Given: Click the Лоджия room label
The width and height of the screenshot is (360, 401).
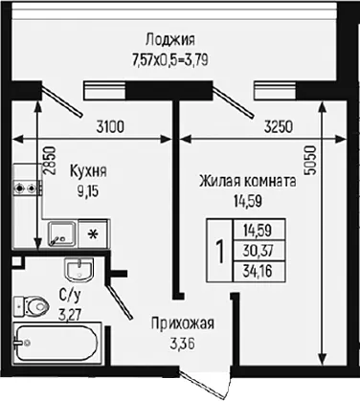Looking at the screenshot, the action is (x=170, y=40).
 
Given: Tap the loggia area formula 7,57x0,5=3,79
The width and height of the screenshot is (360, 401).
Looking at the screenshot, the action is (x=170, y=59).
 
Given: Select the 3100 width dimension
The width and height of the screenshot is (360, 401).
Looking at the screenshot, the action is (x=110, y=127).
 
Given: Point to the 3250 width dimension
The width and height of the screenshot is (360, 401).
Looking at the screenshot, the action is (x=279, y=127).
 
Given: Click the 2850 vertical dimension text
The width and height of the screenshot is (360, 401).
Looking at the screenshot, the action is (x=50, y=161).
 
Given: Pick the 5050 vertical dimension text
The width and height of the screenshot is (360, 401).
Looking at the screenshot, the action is (x=310, y=160).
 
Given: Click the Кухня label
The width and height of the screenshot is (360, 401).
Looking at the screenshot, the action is (x=88, y=171).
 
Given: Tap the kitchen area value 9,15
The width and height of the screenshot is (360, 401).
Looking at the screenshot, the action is (x=88, y=191).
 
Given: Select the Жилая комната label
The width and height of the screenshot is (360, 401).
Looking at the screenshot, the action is (x=248, y=182).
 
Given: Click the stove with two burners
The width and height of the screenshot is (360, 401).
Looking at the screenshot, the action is (x=28, y=188).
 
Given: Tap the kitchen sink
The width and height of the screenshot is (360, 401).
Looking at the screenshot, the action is (x=62, y=234).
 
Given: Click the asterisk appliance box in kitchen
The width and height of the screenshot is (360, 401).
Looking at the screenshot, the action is (x=93, y=234).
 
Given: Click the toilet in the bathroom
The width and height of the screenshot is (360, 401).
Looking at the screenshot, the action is (x=32, y=307).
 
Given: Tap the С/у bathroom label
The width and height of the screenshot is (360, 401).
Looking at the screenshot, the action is (x=70, y=296).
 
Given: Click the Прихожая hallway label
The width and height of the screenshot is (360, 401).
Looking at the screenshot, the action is (x=183, y=324).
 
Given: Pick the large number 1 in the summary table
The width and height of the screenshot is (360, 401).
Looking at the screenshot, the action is (x=220, y=251).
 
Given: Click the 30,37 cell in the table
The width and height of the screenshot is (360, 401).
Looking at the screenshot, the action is (x=258, y=251).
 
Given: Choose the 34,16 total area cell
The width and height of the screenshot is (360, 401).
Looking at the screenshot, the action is (x=258, y=272).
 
